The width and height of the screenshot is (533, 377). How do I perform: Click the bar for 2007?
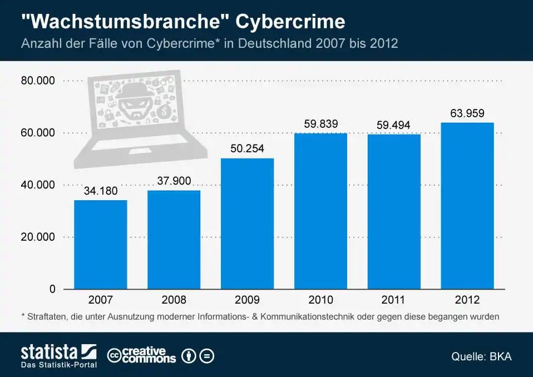pyautogui.click(x=100, y=245)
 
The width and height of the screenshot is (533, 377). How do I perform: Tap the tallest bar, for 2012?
pyautogui.click(x=467, y=206)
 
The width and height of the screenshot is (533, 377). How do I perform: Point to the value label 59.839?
pyautogui.click(x=320, y=124)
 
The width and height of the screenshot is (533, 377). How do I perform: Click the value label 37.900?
pyautogui.click(x=174, y=181)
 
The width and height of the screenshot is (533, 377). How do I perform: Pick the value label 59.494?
pyautogui.click(x=393, y=125)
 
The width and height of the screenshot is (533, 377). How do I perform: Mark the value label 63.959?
pyautogui.click(x=467, y=113)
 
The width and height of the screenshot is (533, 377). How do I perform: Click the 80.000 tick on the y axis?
pyautogui.click(x=38, y=81)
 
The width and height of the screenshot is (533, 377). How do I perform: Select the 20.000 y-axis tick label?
pyautogui.click(x=38, y=237)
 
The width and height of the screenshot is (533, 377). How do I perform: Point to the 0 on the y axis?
pyautogui.click(x=52, y=289)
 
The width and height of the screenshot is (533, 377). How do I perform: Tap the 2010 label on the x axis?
pyautogui.click(x=320, y=300)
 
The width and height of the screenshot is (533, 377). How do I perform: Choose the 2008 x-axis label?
pyautogui.click(x=174, y=300)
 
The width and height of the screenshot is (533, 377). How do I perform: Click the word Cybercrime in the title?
pyautogui.click(x=290, y=22)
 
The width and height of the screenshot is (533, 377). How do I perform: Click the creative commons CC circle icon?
pyautogui.click(x=115, y=355)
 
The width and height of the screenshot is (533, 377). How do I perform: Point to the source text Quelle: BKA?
pyautogui.click(x=481, y=356)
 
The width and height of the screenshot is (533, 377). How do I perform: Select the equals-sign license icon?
pyautogui.click(x=206, y=355)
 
